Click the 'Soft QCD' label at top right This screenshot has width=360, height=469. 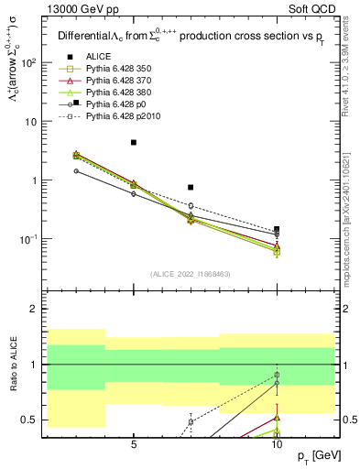(313, 9)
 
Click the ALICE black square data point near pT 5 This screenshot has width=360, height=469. (134, 143)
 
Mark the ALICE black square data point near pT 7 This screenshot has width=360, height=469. (191, 187)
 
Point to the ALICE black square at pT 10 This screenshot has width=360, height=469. (277, 230)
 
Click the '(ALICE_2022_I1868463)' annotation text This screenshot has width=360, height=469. (191, 274)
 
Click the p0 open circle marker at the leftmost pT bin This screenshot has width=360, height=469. (76, 171)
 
